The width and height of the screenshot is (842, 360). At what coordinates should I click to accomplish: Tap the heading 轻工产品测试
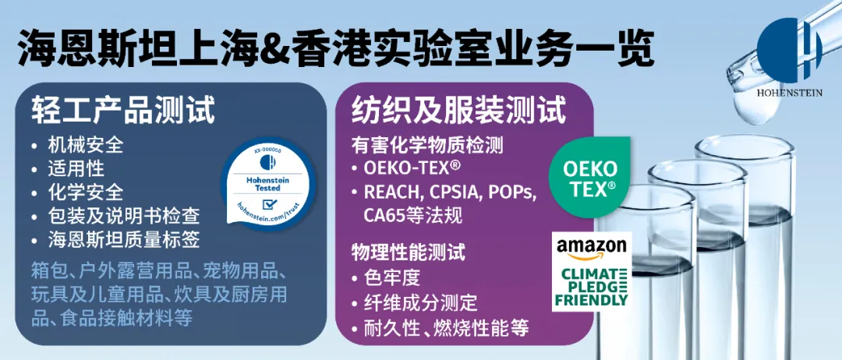coord(123,112)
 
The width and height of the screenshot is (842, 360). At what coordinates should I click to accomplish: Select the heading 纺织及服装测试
coord(458,112)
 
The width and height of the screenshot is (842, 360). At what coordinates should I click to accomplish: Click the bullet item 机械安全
coord(86,145)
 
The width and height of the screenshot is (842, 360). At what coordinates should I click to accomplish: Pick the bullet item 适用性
coord(76,168)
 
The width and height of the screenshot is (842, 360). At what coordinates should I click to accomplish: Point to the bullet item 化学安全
coord(86,192)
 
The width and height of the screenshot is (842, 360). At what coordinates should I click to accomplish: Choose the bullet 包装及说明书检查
coord(123,216)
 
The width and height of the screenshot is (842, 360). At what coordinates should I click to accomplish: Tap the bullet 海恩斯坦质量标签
coord(123,239)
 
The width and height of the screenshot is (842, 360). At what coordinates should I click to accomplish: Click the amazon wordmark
coord(591,248)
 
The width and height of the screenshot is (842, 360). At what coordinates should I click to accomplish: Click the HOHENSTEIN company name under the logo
coord(789,93)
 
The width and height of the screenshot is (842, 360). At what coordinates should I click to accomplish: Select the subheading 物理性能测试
coord(409,252)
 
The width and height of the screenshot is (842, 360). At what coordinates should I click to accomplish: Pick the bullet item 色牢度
coord(391,278)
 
